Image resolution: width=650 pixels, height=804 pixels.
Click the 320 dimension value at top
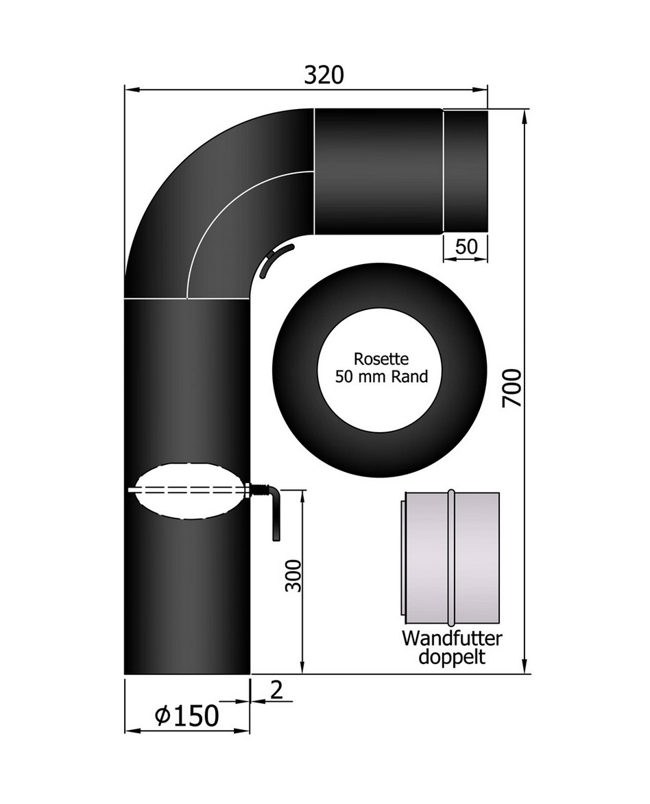click(324, 75)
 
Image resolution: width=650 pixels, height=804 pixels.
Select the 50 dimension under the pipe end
click(466, 247)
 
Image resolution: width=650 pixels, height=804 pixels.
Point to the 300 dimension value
click(293, 576)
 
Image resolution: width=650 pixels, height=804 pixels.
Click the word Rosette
click(381, 359)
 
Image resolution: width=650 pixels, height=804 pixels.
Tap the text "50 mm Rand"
click(381, 377)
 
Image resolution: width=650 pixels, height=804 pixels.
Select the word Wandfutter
click(452, 639)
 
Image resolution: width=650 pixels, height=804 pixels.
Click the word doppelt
click(452, 657)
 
